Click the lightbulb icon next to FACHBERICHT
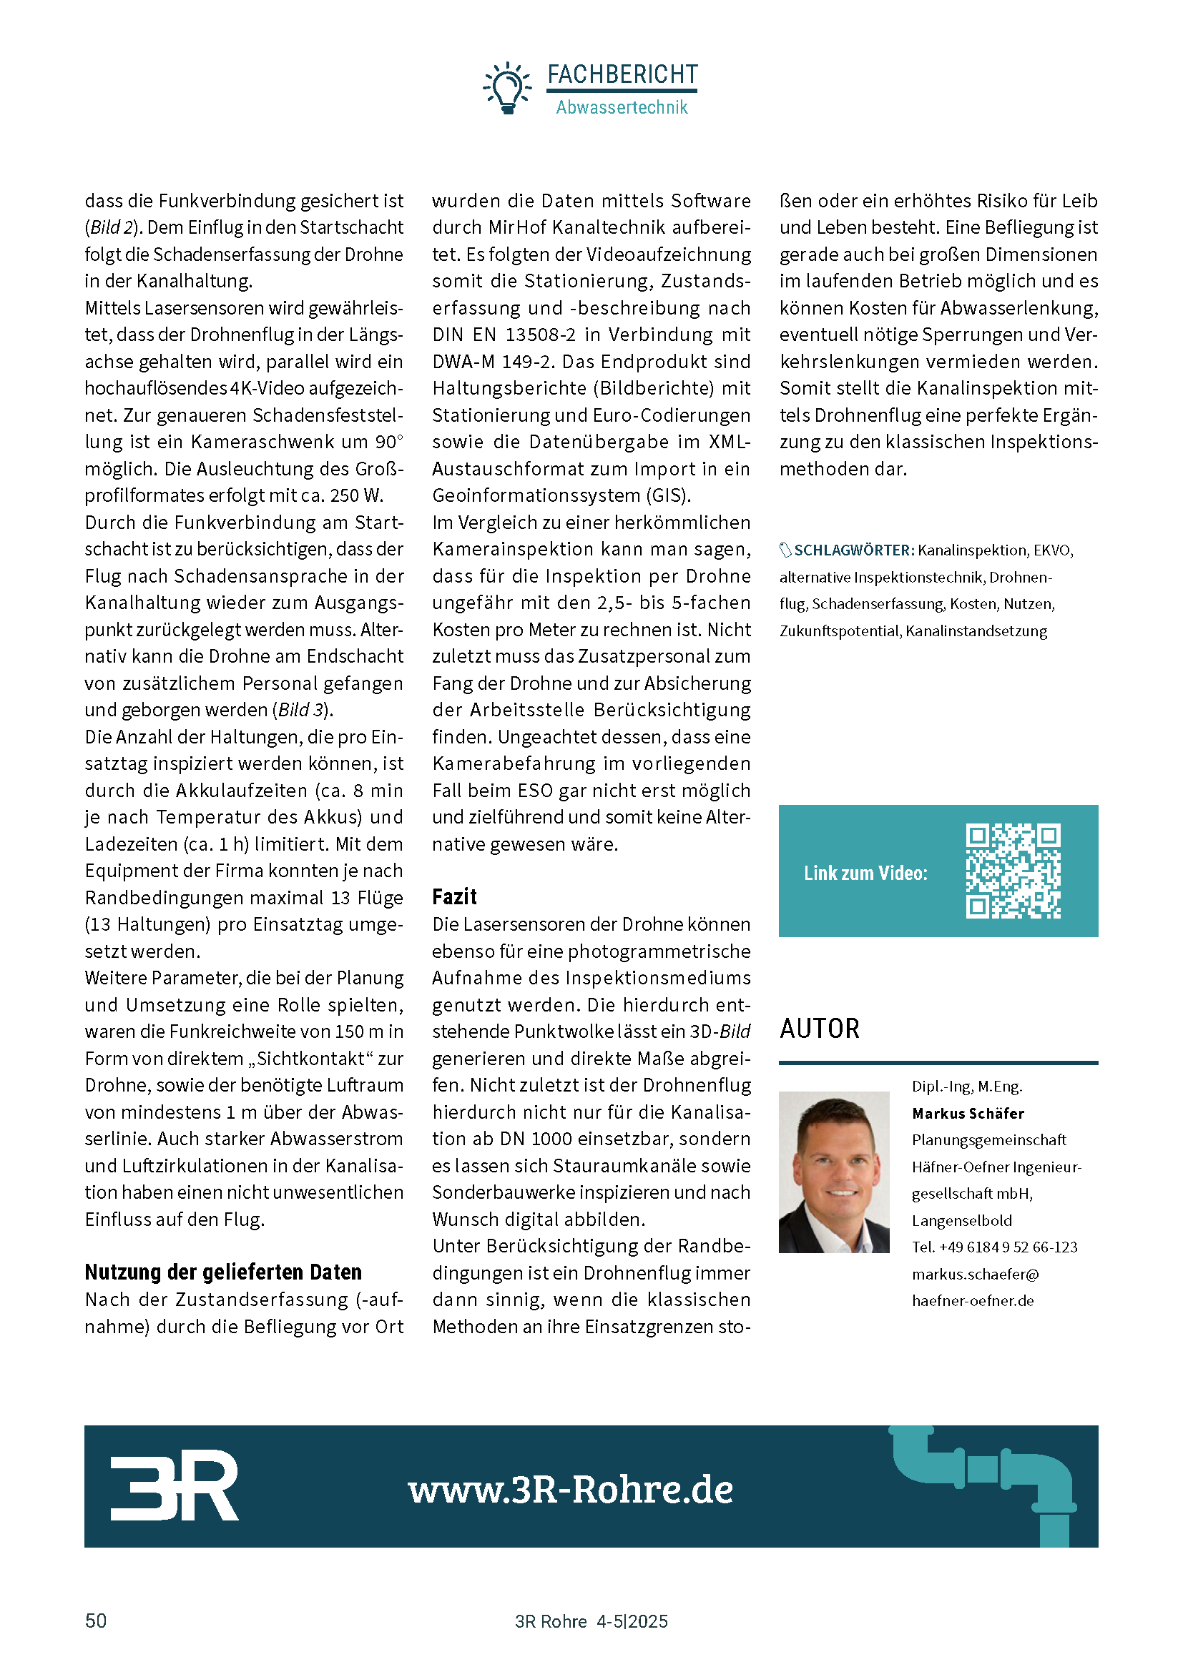coord(507,88)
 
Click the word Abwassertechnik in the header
coord(622,108)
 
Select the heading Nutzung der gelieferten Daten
coord(223,1272)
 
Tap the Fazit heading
coord(455,896)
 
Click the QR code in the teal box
coord(1013,871)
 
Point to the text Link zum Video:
coord(865,873)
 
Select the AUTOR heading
coord(820,1029)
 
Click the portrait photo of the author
coord(833,1172)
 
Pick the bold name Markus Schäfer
coord(968,1114)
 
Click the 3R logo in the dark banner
coord(174,1485)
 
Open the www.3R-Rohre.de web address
coord(570,1489)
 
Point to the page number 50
coord(96,1621)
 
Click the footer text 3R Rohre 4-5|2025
coord(591,1622)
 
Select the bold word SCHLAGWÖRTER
coord(854,550)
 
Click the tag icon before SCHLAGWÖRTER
coord(785,550)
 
